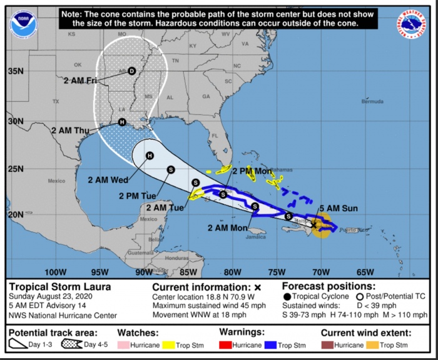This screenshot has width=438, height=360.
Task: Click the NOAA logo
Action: click(24, 24)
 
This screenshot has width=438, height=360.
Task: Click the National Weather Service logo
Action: click(411, 24)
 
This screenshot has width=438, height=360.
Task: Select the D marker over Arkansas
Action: click(131, 71)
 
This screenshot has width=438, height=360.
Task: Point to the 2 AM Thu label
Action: click(71, 131)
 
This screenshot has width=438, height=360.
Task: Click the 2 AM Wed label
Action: click(108, 180)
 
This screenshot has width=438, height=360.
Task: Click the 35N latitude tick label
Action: click(15, 71)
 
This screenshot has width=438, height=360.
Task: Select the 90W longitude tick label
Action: click(143, 272)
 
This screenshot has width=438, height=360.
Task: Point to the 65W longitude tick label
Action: click(365, 272)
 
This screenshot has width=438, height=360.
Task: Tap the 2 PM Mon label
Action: click(252, 171)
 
